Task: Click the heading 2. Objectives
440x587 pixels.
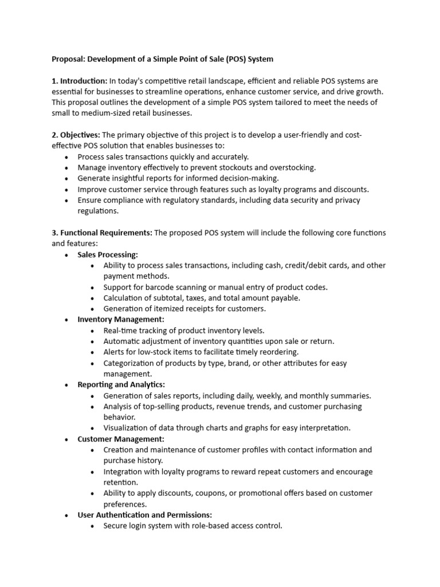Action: pyautogui.click(x=76, y=135)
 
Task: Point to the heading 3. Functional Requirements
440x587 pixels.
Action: pyautogui.click(x=102, y=233)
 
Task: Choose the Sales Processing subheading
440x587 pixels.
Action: pyautogui.click(x=108, y=255)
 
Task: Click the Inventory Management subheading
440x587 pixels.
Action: pyautogui.click(x=121, y=319)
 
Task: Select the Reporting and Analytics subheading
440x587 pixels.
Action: pyautogui.click(x=121, y=385)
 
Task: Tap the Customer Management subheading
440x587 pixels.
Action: pyautogui.click(x=121, y=439)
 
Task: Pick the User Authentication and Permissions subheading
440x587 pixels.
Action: pyautogui.click(x=144, y=515)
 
